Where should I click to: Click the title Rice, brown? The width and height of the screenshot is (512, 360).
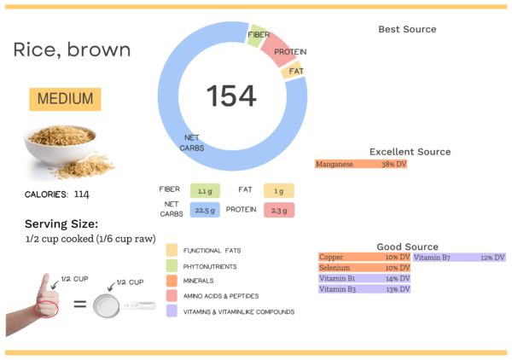[x=72, y=49]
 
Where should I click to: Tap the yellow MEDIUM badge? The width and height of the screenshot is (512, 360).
[x=66, y=98]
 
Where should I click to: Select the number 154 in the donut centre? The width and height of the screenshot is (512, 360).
[x=231, y=96]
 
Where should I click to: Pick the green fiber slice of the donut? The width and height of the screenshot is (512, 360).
[x=255, y=36]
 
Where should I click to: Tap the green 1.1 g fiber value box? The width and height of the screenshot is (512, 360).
[x=205, y=191]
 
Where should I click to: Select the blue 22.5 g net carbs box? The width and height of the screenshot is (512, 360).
[x=205, y=210]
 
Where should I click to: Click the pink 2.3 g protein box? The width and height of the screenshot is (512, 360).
[x=278, y=210]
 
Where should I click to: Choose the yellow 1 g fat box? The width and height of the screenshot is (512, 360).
[x=278, y=191]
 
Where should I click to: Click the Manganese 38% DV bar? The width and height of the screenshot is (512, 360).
[x=361, y=164]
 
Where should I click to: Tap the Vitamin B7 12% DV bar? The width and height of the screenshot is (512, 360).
[x=459, y=257]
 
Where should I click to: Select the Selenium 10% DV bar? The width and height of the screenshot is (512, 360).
[x=364, y=268]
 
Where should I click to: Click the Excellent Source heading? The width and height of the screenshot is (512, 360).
[x=410, y=152]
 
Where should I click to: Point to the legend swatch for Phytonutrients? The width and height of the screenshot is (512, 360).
[x=172, y=265]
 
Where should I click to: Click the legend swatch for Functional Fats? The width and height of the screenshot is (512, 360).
[x=172, y=250]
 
